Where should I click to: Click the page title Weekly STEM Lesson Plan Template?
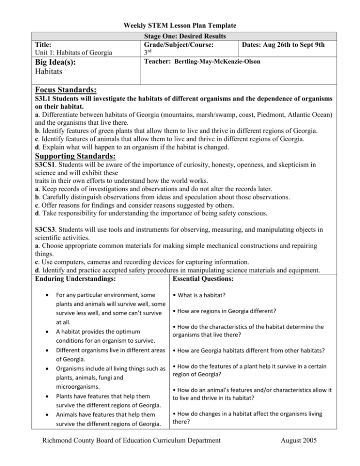(x=180, y=26)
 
